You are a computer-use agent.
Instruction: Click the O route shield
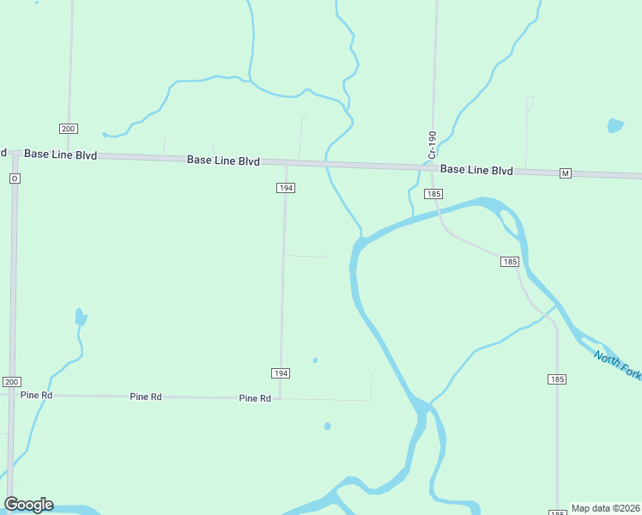(15, 179)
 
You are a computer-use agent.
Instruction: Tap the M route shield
(565, 173)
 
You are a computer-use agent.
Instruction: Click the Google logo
(28, 505)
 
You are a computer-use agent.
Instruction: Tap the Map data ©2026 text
(606, 508)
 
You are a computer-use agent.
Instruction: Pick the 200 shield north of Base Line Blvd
(69, 129)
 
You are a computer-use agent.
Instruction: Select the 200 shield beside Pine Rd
(10, 381)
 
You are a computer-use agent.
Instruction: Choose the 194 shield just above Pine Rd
(281, 373)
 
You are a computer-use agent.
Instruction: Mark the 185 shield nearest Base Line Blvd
(433, 194)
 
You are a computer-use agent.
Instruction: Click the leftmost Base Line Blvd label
(60, 154)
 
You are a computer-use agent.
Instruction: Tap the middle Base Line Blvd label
(223, 161)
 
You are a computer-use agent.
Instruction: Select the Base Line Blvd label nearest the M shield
(476, 170)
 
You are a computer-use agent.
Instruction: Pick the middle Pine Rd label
(145, 397)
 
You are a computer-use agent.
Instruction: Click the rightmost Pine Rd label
(255, 398)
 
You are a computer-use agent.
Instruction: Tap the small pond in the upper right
(615, 125)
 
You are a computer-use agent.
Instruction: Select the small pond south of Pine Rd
(327, 426)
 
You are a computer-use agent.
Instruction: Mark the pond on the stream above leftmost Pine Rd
(80, 318)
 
